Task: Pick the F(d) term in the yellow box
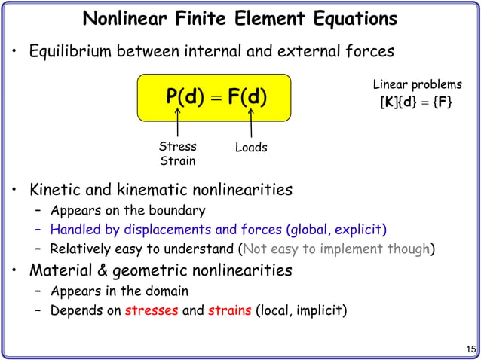click(x=247, y=98)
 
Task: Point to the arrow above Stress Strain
click(x=178, y=122)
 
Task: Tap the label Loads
click(x=251, y=148)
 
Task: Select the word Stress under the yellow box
click(x=178, y=146)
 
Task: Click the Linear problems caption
click(x=418, y=85)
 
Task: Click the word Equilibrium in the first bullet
click(x=69, y=52)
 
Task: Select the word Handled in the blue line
click(x=77, y=229)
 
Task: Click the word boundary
click(x=177, y=210)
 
